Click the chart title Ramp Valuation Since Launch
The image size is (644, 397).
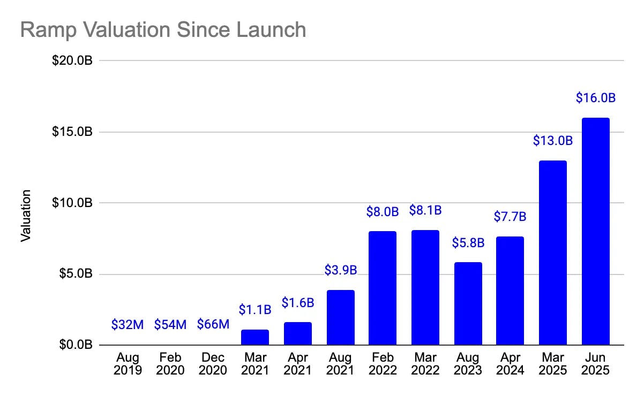163,30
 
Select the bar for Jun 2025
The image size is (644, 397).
595,231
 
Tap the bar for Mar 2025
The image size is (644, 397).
552,253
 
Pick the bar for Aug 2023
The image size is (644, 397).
468,303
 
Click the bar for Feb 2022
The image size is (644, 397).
383,288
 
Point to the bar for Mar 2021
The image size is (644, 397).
255,337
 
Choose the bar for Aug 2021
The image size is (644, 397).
340,317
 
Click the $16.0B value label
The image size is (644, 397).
595,98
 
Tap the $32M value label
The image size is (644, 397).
128,324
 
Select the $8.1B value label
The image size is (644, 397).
425,210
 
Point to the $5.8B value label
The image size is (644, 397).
468,243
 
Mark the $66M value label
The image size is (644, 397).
213,324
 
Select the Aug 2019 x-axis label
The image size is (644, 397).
128,364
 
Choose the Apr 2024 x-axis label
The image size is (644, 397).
510,364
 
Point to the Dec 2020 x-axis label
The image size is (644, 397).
213,364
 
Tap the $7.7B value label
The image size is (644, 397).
510,217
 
